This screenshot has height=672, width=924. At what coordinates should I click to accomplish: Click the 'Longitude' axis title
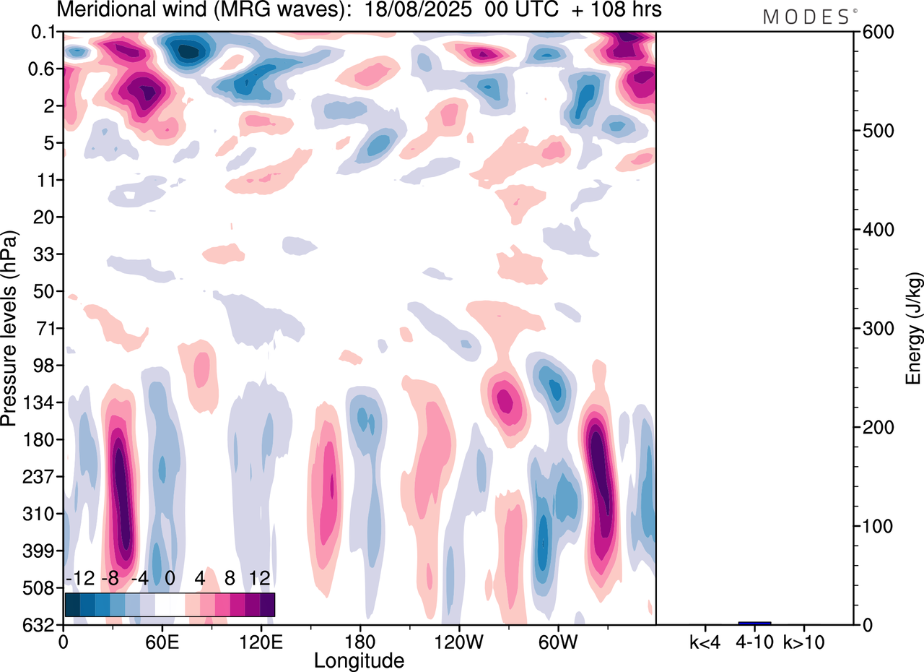(359, 660)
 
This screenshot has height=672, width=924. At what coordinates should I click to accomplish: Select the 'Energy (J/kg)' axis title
(914, 328)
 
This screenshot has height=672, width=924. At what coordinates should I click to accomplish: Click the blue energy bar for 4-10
(754, 623)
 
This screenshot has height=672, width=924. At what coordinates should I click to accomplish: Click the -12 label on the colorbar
(80, 579)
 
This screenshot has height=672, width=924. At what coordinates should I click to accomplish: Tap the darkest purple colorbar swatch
(267, 604)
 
